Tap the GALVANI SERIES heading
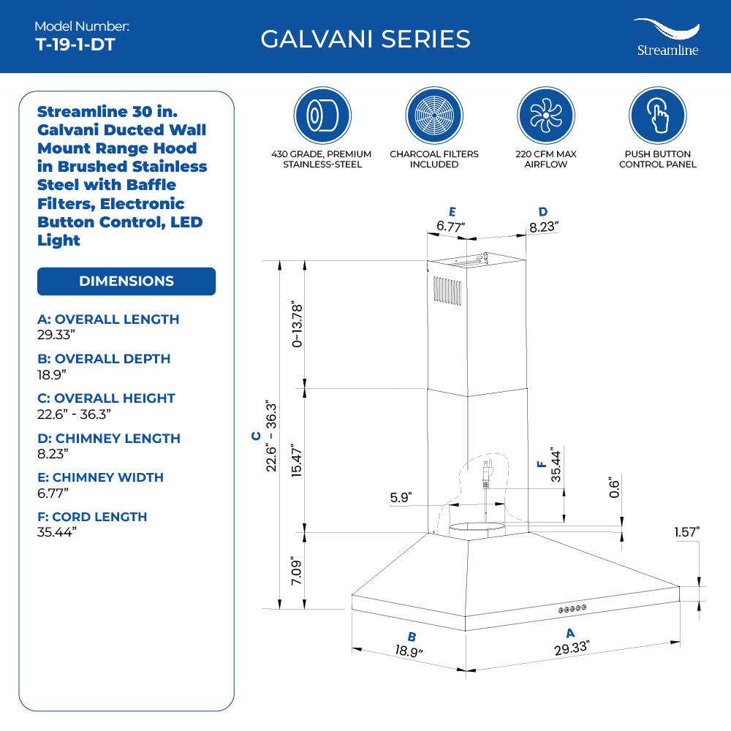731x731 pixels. click(x=365, y=39)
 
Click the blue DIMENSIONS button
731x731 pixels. click(x=126, y=281)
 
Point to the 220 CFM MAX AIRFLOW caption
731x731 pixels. click(x=546, y=159)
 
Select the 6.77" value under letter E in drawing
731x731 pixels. click(x=452, y=226)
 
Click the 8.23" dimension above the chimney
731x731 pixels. click(x=544, y=226)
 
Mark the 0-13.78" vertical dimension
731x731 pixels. click(x=296, y=322)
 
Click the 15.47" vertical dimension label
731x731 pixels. click(x=296, y=461)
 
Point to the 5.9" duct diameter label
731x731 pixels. click(x=401, y=498)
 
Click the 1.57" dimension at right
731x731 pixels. click(x=686, y=531)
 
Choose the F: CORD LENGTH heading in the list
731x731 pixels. click(x=92, y=516)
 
